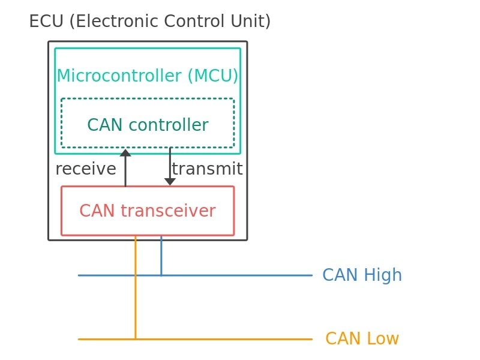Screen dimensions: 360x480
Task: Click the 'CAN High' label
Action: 362,275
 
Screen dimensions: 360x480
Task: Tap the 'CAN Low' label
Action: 362,339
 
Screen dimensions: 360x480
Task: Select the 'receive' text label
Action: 85,169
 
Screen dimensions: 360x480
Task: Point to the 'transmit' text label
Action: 207,169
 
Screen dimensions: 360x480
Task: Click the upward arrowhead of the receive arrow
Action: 125,153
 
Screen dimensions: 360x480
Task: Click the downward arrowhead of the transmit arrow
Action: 170,181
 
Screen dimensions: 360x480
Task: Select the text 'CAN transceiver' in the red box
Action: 147,211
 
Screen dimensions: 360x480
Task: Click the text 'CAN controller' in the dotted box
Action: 148,125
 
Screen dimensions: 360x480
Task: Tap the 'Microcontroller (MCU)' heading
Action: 148,76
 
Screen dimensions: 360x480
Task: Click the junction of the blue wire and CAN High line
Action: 161,275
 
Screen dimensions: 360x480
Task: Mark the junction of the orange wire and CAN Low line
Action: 135,339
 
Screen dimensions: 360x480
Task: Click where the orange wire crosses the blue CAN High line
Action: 135,275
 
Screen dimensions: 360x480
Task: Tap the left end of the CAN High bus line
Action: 79,275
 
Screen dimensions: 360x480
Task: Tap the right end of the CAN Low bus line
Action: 311,339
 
